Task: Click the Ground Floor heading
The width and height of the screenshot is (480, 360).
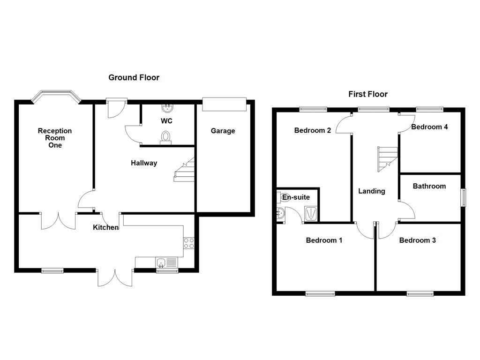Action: (x=134, y=77)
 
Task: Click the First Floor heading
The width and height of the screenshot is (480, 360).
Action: (x=367, y=94)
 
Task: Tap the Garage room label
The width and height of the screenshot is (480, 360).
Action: (x=223, y=131)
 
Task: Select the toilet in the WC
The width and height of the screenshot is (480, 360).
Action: (x=165, y=136)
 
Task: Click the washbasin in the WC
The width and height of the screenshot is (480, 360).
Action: (x=166, y=108)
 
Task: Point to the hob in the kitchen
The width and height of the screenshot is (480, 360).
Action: (x=189, y=243)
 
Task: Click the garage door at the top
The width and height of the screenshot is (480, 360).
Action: (x=224, y=104)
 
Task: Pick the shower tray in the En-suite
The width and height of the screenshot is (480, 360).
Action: (x=311, y=213)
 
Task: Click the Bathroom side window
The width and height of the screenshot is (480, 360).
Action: (x=463, y=197)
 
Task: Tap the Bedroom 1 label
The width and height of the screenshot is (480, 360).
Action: (x=324, y=240)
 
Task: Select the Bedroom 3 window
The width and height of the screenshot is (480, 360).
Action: (x=420, y=294)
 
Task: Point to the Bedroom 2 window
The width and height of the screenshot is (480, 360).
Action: (x=313, y=110)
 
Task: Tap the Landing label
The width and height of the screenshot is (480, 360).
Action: (x=371, y=191)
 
